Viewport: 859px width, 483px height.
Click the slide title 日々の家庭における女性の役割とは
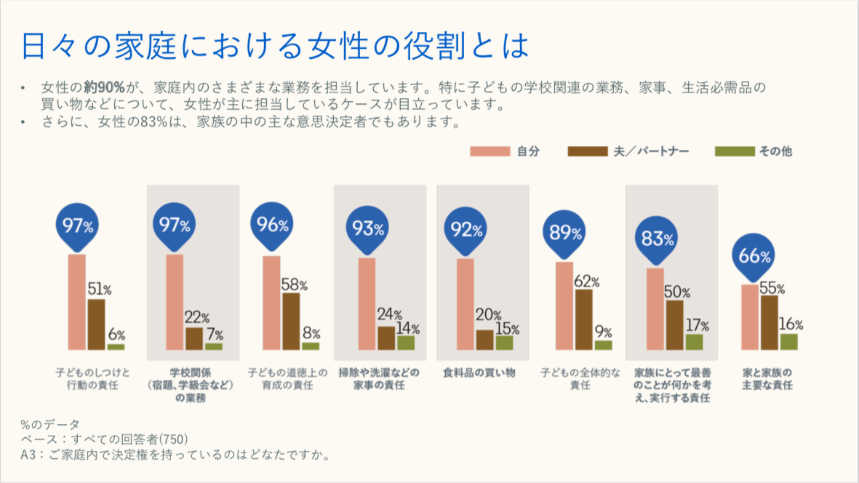pos(275,45)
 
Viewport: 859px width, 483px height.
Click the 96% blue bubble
pos(273,225)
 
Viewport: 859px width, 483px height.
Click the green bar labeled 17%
pos(695,342)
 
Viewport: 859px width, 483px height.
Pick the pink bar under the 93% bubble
pos(367,304)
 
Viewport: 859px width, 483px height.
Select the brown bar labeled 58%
pos(290,322)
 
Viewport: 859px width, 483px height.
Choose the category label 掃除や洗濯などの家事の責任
pos(379,378)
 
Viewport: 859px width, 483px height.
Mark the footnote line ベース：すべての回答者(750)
pos(105,439)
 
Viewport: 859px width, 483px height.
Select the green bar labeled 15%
pos(504,343)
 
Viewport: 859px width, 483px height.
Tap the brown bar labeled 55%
pos(770,322)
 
